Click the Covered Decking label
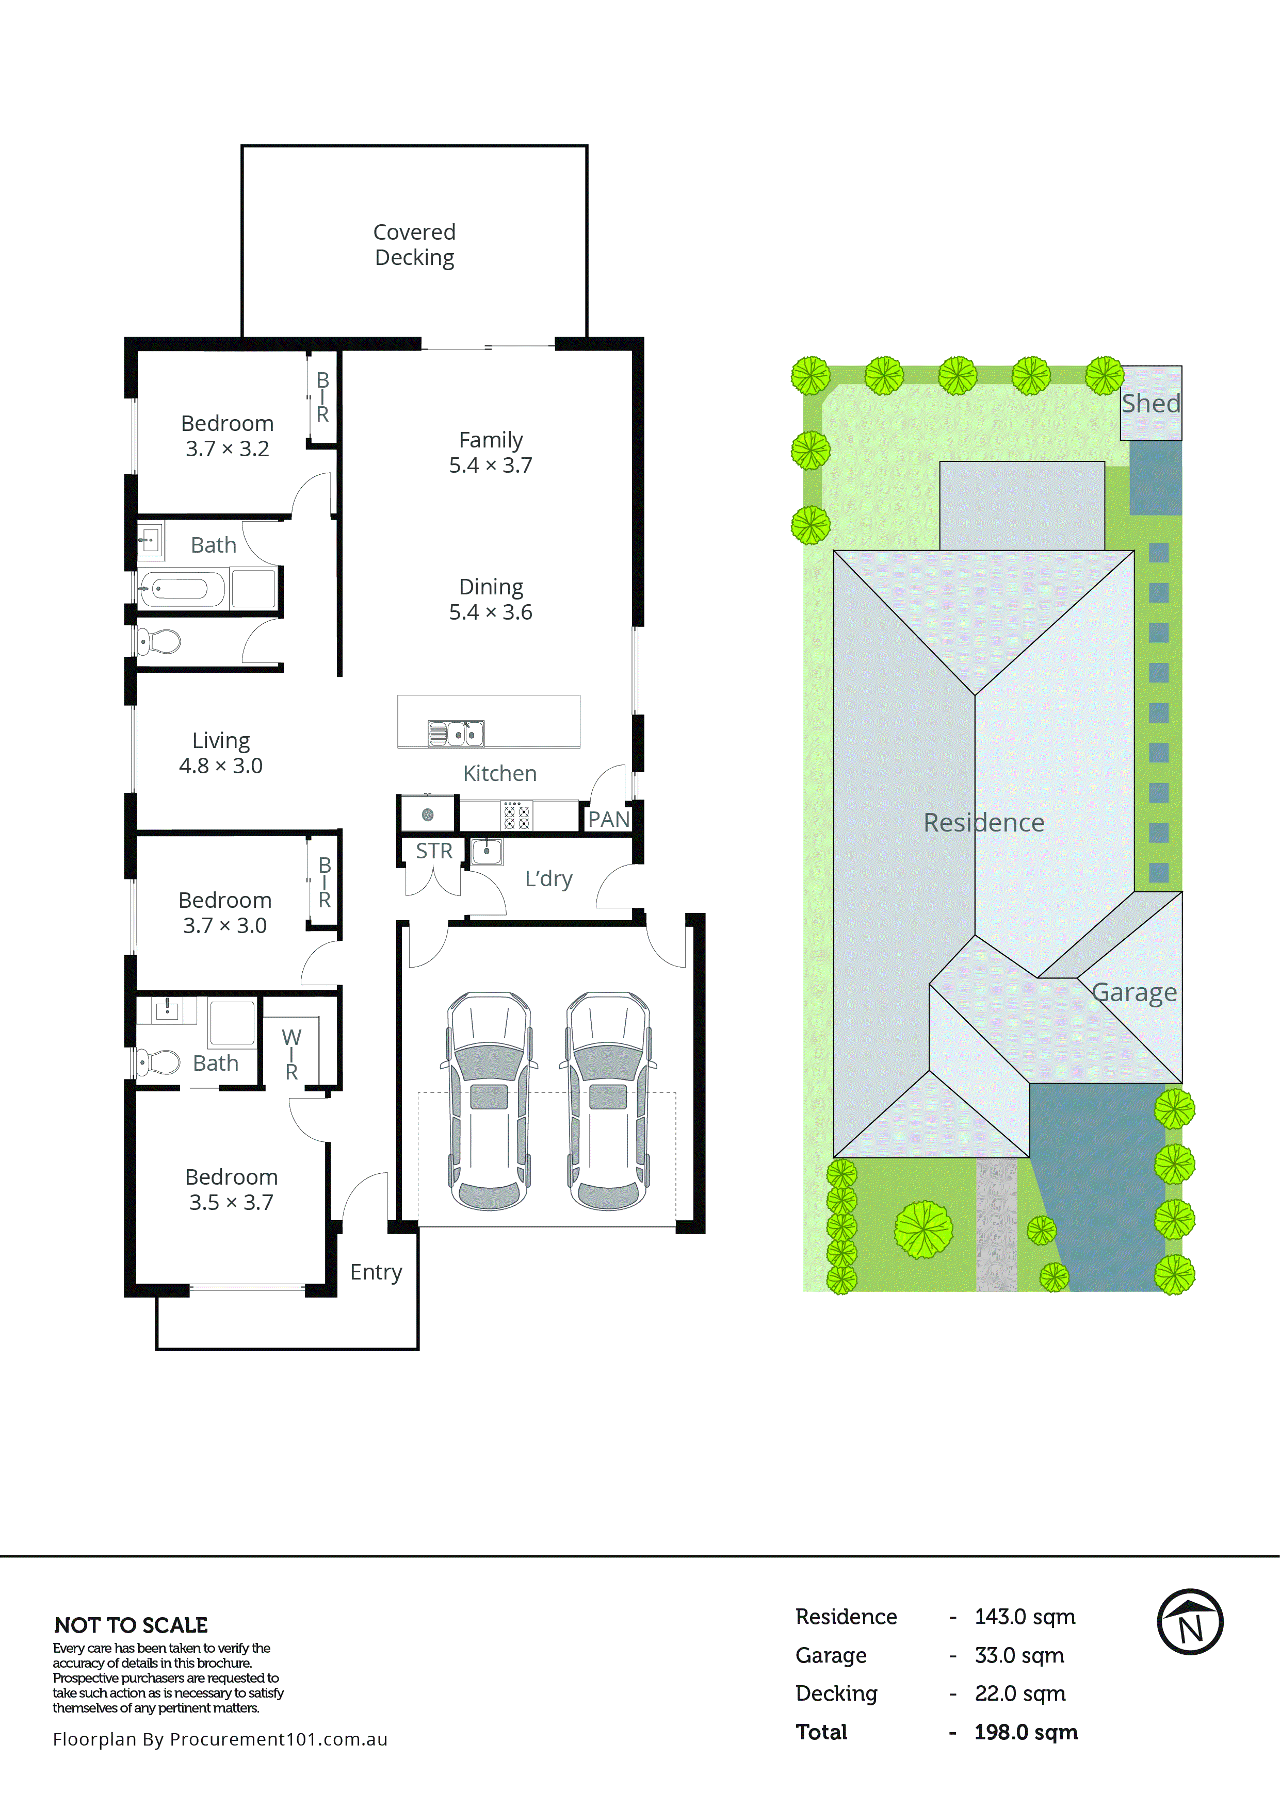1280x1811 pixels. tap(414, 244)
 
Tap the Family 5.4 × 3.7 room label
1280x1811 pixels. tap(490, 452)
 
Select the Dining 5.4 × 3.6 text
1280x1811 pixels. tap(490, 600)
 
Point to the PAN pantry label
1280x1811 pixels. tap(608, 820)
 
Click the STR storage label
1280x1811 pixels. tap(434, 851)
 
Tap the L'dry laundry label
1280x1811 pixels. tap(548, 878)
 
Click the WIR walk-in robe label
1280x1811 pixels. tap(291, 1055)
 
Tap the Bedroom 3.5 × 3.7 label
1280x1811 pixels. tap(231, 1189)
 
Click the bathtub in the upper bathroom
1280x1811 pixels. tap(181, 588)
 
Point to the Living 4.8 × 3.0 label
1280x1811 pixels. tap(220, 753)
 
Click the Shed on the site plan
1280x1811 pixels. tap(1151, 403)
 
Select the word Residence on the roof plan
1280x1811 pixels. tap(983, 823)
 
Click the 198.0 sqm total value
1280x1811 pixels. tap(1025, 1732)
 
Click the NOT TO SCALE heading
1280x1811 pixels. tap(131, 1625)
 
